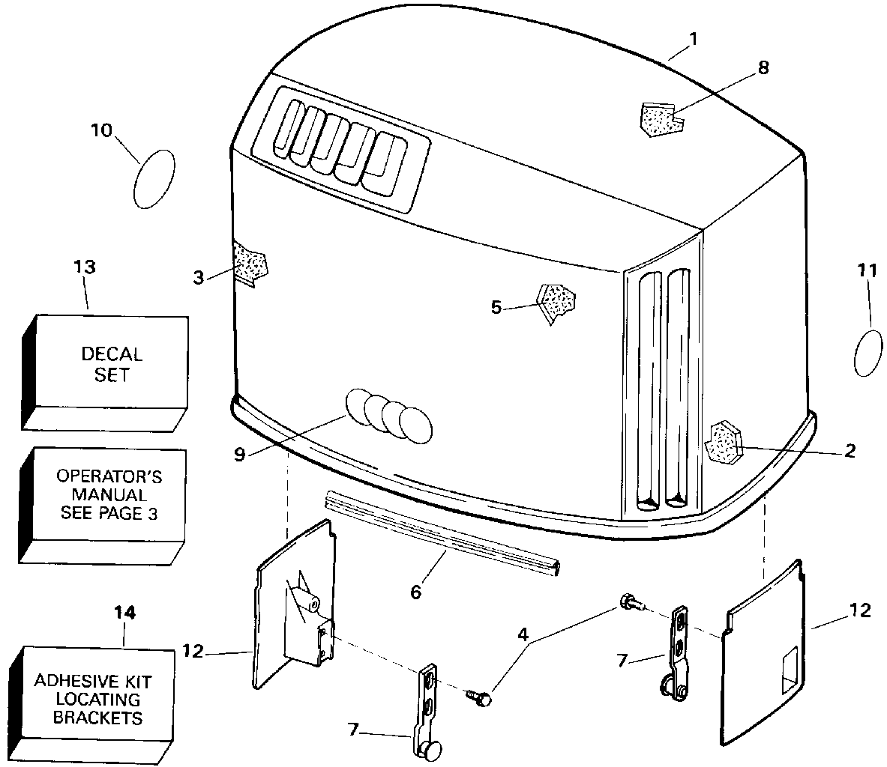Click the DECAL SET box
coord(105,373)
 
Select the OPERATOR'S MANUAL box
coord(103,506)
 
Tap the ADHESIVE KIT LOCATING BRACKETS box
coord(92,703)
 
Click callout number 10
coord(102,130)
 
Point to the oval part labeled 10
coord(154,179)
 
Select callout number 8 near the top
coord(763,68)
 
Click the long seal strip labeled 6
coord(442,532)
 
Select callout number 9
coord(240,454)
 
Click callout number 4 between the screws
coord(523,634)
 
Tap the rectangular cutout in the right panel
coord(790,671)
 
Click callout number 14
coord(124,613)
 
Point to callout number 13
coord(85,267)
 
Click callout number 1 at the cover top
coord(693,39)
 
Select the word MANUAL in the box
coord(109,494)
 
